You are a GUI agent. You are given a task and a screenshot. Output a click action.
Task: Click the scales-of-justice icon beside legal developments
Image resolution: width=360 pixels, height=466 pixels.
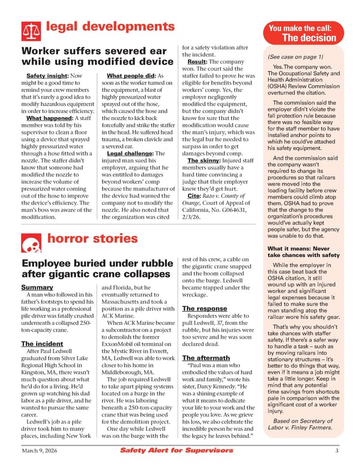(30, 29)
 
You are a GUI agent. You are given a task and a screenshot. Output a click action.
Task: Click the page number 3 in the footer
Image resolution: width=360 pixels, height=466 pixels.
(337, 451)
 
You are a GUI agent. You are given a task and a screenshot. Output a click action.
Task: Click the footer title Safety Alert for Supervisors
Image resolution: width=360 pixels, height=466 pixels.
(167, 451)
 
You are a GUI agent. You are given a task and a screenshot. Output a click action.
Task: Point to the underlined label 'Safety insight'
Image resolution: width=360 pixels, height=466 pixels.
(47, 76)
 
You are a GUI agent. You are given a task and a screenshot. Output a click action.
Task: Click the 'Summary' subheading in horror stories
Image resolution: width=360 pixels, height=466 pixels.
(37, 288)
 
